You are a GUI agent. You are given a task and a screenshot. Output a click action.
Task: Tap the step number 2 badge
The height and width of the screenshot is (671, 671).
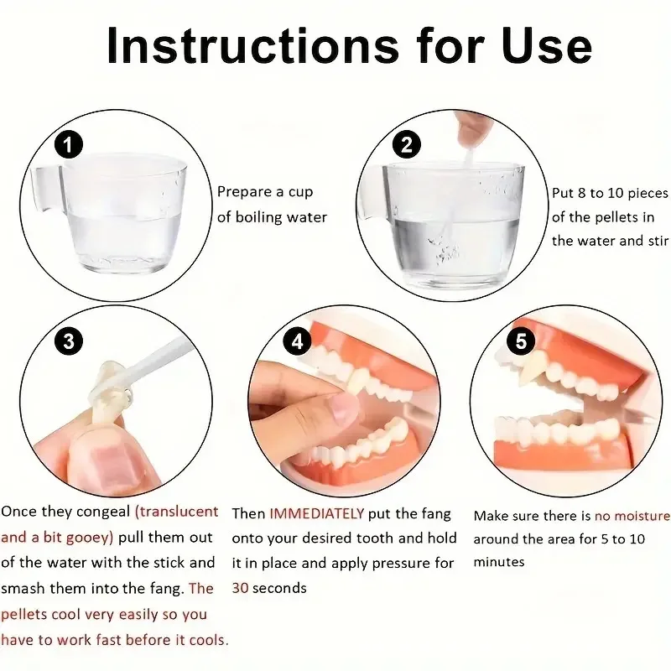[407, 144]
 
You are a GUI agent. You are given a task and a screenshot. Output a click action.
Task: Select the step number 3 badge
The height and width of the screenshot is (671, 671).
[69, 341]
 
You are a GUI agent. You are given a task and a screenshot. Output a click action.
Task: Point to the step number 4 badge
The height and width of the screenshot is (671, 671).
[295, 341]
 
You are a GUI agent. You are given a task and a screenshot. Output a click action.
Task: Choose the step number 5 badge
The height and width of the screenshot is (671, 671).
[522, 341]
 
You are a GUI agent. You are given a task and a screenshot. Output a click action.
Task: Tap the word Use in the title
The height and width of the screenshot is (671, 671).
[548, 48]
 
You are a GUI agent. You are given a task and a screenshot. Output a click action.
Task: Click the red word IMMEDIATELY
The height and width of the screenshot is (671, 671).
[317, 513]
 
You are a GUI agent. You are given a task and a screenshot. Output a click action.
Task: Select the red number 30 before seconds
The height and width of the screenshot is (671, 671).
[240, 588]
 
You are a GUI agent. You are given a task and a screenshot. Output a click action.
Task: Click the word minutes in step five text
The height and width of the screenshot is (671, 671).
[499, 562]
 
